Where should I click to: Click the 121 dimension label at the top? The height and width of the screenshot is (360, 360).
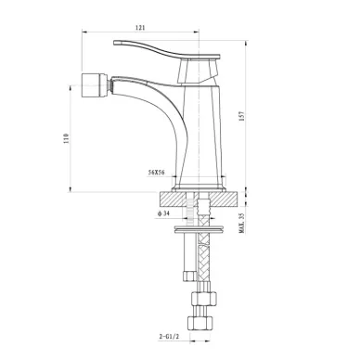pos(140,28)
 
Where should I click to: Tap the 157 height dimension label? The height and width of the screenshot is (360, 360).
pos(242,116)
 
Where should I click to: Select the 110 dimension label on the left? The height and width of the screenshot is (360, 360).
pos(65,138)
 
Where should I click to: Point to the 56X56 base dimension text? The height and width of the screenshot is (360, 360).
pos(156,173)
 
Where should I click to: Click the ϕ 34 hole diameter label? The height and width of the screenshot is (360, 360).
pos(163,213)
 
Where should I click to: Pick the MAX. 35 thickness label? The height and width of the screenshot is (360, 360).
pos(242,223)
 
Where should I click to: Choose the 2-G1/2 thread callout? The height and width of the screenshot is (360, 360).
pos(169,337)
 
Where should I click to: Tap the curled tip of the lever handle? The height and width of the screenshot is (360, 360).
pos(116,43)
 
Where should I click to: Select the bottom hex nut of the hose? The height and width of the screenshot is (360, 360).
pos(201,324)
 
